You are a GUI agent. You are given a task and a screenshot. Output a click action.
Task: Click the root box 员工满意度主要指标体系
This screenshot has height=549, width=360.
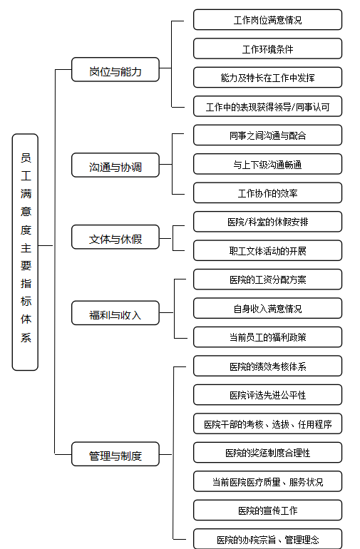point(25,252)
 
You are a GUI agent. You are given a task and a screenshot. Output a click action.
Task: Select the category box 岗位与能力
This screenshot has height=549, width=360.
point(115,70)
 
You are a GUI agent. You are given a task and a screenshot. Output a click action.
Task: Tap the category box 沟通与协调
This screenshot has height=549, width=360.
point(115,165)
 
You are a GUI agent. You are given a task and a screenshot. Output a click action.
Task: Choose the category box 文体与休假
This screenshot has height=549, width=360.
point(115,237)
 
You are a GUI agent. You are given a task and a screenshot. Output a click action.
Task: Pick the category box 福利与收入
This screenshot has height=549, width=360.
point(115,313)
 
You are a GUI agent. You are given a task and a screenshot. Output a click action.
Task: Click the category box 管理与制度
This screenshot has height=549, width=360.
point(115,453)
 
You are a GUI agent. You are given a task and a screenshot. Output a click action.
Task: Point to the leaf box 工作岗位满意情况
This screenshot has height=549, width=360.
point(267,20)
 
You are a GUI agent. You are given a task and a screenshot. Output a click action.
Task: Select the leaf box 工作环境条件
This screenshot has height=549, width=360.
point(267,48)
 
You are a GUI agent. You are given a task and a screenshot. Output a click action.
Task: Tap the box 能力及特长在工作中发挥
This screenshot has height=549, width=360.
point(267,78)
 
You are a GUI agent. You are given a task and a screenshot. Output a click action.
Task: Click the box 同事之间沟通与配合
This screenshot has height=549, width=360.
point(267,135)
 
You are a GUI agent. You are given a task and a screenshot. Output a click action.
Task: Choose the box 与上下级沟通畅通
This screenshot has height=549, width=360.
point(267,164)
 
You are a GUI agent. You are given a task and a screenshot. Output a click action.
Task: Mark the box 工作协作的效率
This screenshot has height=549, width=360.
point(267,193)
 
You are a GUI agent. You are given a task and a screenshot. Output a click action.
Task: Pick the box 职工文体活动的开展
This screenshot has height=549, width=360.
point(267,250)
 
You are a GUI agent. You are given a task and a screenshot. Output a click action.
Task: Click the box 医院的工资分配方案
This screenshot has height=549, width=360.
point(267,279)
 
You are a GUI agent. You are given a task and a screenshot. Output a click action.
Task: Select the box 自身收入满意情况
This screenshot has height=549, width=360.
point(267,308)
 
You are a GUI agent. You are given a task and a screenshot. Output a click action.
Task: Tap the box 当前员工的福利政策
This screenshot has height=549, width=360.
point(267,337)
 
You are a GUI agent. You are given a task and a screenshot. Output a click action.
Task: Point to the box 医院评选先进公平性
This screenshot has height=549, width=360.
point(267,394)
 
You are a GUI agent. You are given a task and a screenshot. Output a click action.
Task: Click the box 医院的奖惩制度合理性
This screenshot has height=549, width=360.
point(267,452)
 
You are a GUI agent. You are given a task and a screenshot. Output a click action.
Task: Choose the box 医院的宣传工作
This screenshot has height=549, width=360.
point(267,510)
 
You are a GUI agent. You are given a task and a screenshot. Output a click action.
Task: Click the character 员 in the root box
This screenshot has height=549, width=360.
point(26,158)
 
